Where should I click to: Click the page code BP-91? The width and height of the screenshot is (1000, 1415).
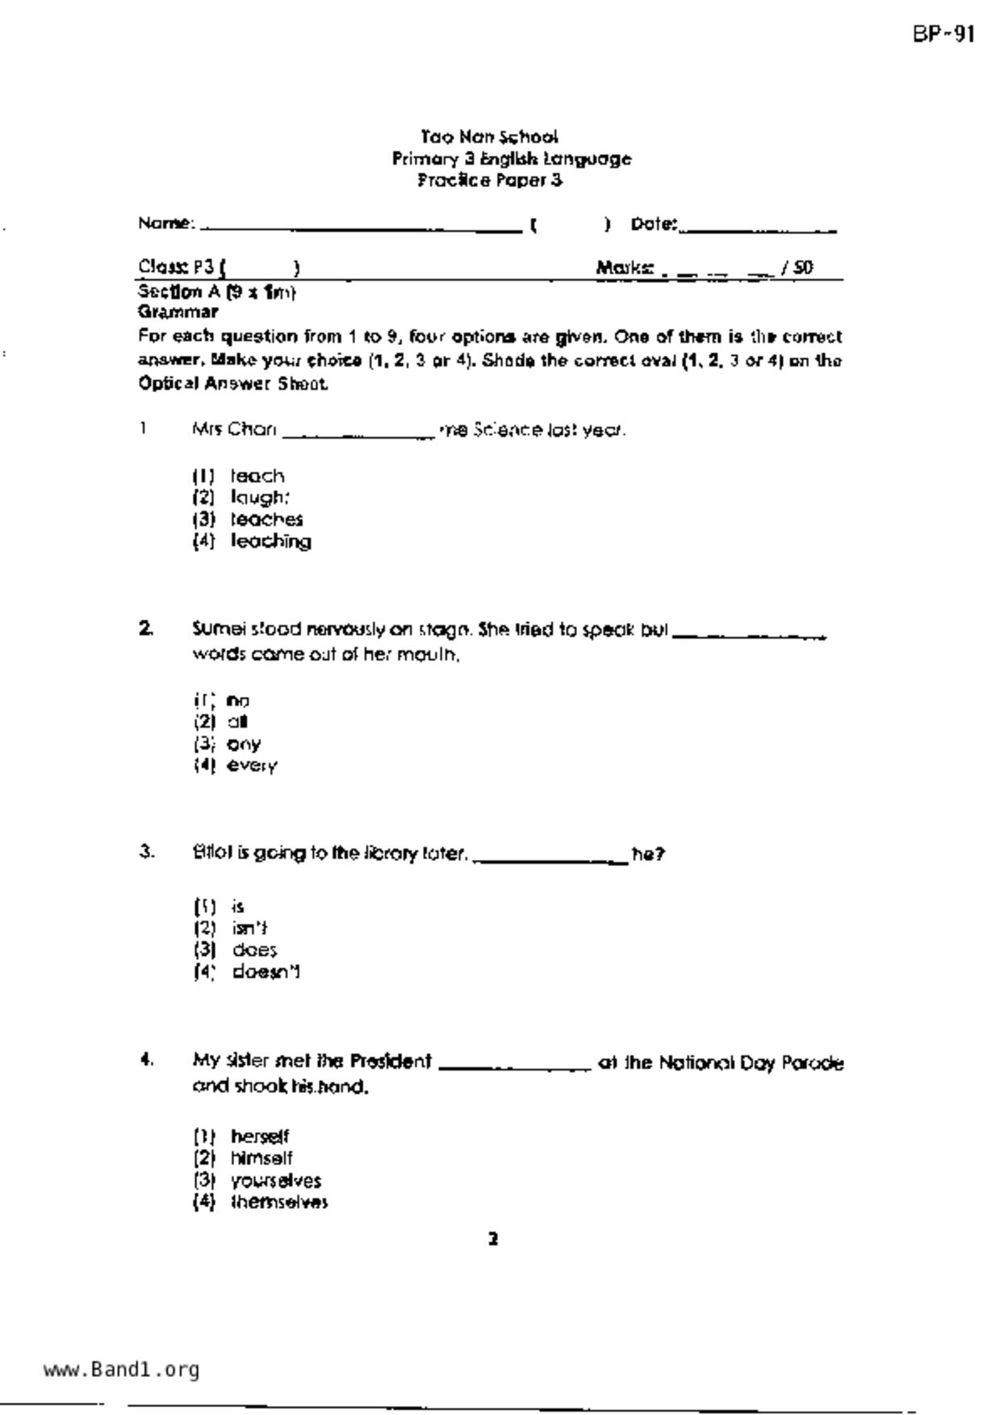pyautogui.click(x=944, y=35)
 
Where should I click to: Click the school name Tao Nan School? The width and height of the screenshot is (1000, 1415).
pyautogui.click(x=489, y=136)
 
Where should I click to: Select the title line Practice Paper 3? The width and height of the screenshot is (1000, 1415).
pyautogui.click(x=489, y=180)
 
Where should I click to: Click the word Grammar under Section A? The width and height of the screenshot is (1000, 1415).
pyautogui.click(x=178, y=311)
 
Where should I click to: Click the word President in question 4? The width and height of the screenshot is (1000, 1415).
pyautogui.click(x=391, y=1061)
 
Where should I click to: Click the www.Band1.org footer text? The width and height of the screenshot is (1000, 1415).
pyautogui.click(x=121, y=1370)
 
